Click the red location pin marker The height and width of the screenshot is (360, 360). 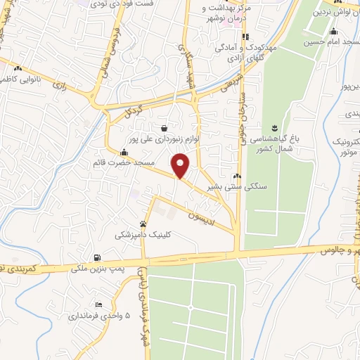pyautogui.click(x=181, y=165)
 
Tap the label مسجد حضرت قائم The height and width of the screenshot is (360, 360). pyautogui.click(x=122, y=162)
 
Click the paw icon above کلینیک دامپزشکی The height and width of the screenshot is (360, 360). pyautogui.click(x=144, y=224)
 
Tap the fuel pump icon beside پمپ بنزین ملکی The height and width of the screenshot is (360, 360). pyautogui.click(x=96, y=257)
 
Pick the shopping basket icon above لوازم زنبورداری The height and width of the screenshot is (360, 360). pyautogui.click(x=164, y=128)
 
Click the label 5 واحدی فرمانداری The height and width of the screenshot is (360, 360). pyautogui.click(x=99, y=316)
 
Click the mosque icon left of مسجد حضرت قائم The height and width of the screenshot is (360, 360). pyautogui.click(x=124, y=152)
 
